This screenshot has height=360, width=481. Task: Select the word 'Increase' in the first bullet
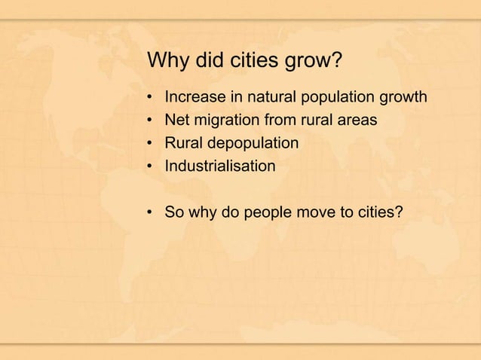click(193, 98)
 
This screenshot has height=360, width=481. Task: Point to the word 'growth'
click(405, 98)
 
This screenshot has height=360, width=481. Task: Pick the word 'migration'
click(228, 121)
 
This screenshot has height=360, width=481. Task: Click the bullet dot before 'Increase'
click(151, 99)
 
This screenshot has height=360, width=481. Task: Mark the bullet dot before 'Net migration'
click(151, 121)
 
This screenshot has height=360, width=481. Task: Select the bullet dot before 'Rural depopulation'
click(151, 144)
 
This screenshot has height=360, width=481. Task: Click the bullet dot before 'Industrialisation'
click(151, 166)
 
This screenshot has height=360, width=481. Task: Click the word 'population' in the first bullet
click(334, 99)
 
